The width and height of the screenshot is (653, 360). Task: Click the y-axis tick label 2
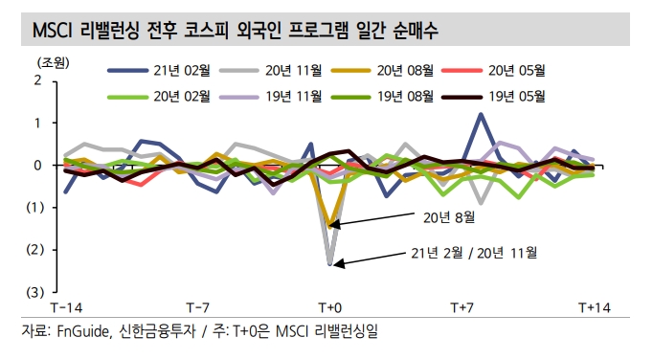pyautogui.click(x=37, y=80)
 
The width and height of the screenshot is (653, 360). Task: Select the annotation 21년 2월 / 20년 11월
pyautogui.click(x=470, y=253)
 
